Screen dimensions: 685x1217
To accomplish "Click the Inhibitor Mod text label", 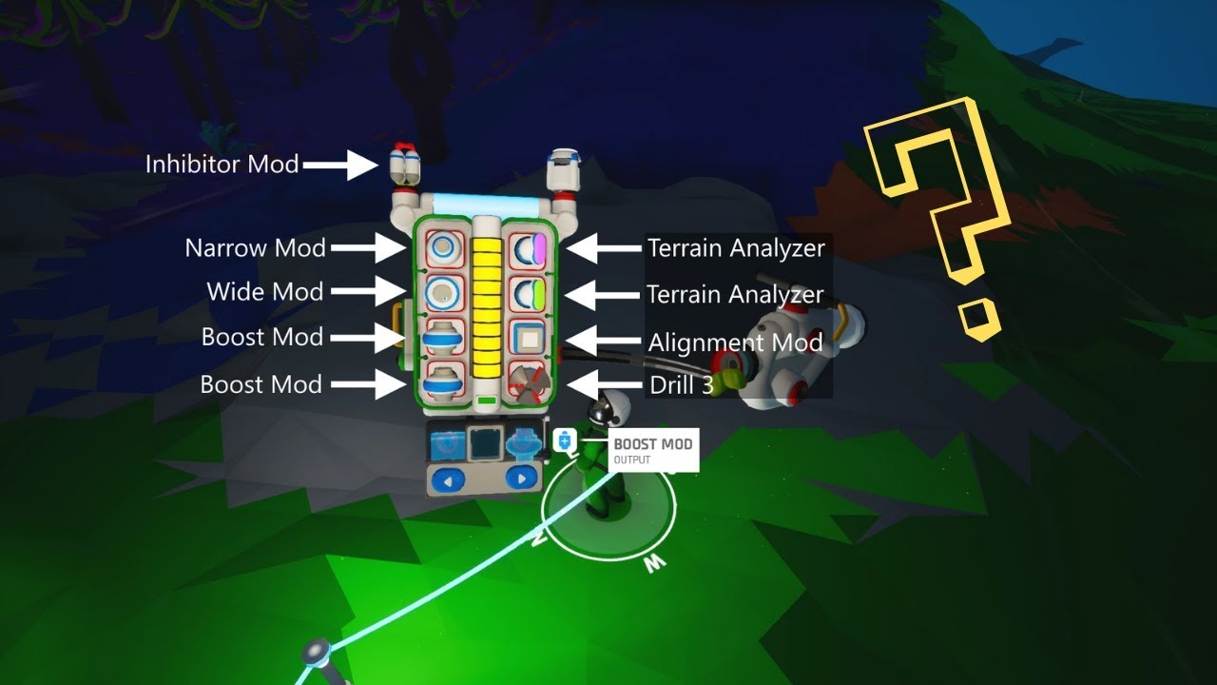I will coord(222,165).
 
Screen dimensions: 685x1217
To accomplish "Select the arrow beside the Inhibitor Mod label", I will coord(342,165).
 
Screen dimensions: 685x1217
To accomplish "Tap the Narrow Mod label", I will coord(255,249).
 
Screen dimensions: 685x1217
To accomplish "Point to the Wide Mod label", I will coord(265,292).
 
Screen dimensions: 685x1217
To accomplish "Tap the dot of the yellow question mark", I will coord(979,318).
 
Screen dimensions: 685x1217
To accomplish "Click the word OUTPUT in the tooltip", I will coord(632,460).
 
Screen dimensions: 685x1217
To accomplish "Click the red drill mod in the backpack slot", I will coord(525,381).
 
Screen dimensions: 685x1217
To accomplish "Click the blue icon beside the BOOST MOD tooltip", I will coord(565,440).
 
